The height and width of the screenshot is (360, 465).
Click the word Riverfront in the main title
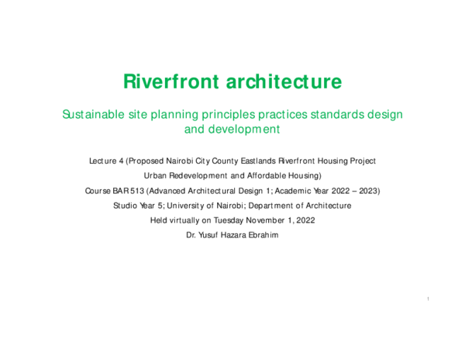[167, 81]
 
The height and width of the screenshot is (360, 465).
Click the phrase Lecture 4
[106, 161]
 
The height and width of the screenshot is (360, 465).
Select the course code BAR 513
[126, 191]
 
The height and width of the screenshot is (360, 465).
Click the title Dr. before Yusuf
[191, 235]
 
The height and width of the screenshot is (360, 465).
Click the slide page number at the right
[428, 299]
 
